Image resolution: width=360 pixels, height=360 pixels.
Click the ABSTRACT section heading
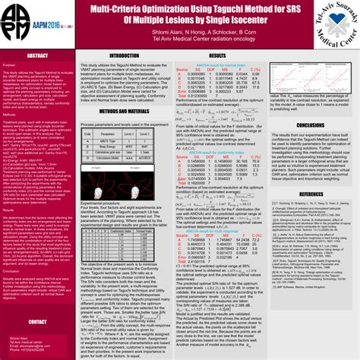click(x=38, y=56)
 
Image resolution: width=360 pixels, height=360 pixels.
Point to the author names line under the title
click(x=179, y=33)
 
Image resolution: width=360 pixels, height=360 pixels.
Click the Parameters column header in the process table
click(x=105, y=152)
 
